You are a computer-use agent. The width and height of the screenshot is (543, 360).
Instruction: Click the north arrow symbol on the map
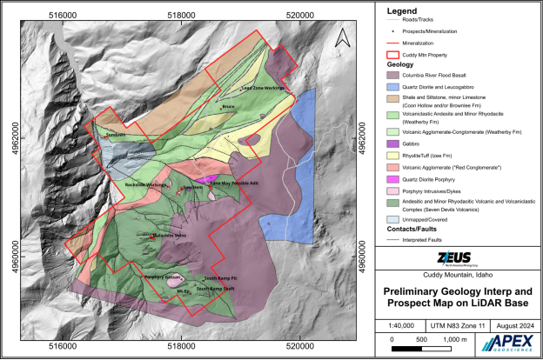(344, 38)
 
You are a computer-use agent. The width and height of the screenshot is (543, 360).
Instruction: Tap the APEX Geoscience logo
(513, 342)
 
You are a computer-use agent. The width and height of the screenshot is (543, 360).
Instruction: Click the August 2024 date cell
(513, 323)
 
